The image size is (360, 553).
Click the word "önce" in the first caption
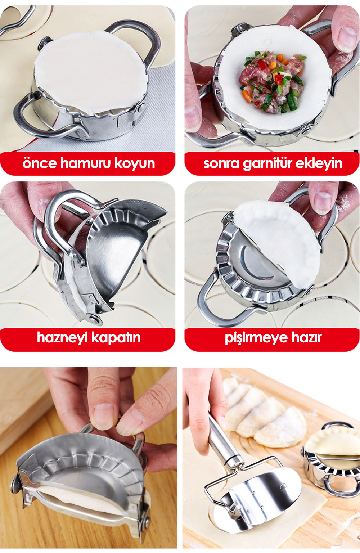point(40,163)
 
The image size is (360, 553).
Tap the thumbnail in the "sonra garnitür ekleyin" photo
point(347,40)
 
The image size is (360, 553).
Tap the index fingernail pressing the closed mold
point(104,417)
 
